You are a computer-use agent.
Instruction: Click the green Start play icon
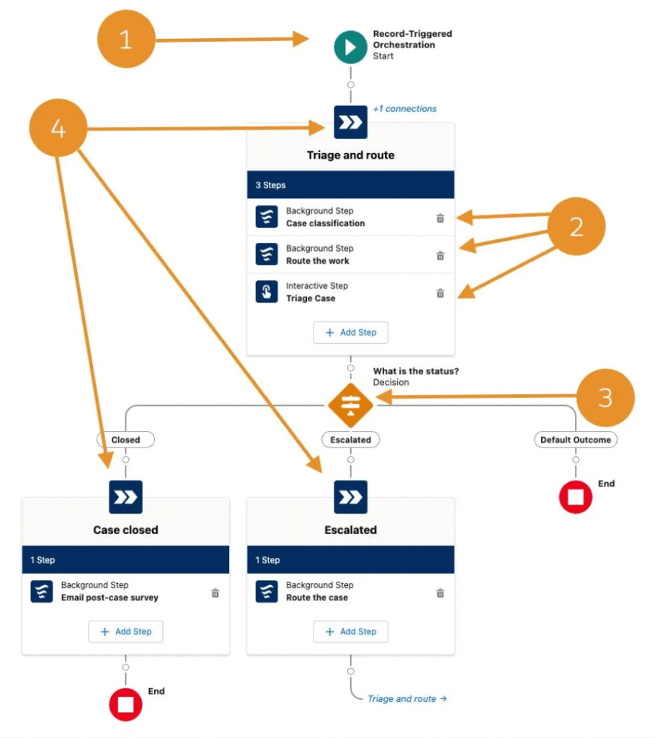(350, 47)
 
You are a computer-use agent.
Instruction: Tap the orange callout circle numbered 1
(126, 40)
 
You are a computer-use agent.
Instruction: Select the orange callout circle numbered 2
(576, 226)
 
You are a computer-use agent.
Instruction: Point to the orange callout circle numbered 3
(605, 398)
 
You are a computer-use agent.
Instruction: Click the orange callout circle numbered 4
(58, 129)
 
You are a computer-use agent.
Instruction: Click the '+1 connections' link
(404, 109)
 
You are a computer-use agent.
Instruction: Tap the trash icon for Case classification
(440, 218)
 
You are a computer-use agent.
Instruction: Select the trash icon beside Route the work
(440, 255)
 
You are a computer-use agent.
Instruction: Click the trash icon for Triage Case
(440, 293)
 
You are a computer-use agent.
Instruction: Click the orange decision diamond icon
(350, 405)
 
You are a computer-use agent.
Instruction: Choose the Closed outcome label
(125, 440)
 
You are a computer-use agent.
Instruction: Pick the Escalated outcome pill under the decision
(350, 440)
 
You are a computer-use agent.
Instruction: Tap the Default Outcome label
(575, 440)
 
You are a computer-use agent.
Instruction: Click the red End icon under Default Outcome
(575, 497)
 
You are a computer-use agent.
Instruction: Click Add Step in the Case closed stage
(125, 631)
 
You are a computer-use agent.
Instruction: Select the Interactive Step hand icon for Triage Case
(267, 292)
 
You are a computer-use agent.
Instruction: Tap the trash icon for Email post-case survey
(215, 592)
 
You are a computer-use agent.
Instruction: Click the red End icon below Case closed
(125, 705)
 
